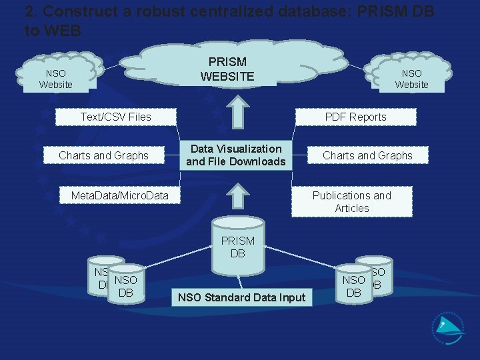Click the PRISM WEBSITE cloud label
(x=227, y=69)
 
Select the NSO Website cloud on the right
(x=411, y=79)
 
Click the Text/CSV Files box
(x=116, y=117)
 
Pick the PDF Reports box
(x=355, y=117)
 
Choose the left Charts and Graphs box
(x=103, y=155)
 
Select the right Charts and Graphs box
(x=367, y=155)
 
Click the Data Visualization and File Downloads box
(x=235, y=155)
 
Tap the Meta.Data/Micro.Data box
(x=120, y=195)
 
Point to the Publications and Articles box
(x=351, y=201)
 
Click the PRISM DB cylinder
(x=237, y=246)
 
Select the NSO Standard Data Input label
(x=241, y=297)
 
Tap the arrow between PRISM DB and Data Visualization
(x=237, y=197)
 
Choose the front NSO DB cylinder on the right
(x=354, y=286)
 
